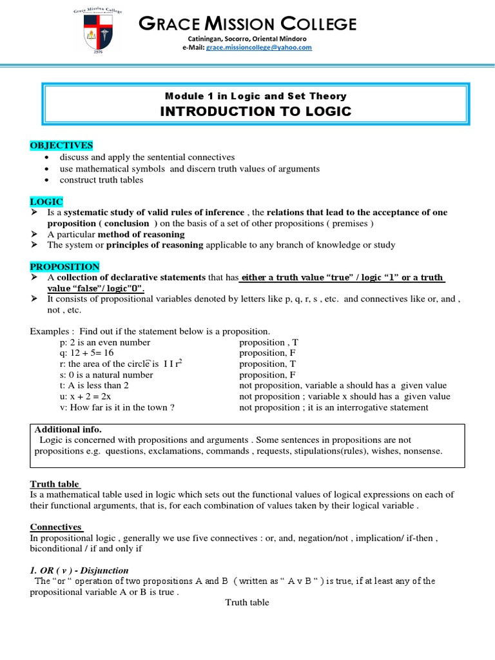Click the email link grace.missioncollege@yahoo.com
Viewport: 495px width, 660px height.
258,48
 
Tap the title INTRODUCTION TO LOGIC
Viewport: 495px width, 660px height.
255,111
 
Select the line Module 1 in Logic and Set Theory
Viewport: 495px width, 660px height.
255,95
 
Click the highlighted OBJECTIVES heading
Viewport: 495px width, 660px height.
61,145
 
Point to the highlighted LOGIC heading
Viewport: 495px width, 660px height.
46,202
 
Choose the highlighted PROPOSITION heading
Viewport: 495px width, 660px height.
64,267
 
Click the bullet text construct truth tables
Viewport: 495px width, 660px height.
101,180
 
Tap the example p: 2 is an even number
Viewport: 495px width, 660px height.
104,342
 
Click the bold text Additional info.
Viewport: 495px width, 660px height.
68,429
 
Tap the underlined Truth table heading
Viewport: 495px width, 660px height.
55,484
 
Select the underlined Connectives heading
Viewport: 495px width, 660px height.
56,527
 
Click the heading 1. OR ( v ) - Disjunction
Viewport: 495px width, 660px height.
79,570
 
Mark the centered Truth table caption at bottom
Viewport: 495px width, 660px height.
247,603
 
